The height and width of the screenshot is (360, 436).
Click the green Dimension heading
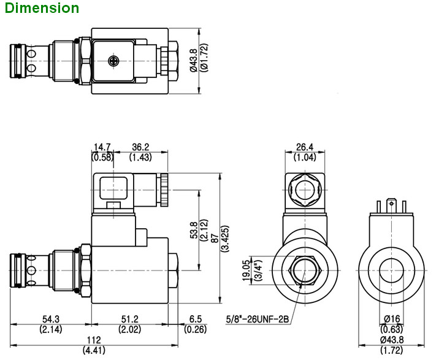point(40,8)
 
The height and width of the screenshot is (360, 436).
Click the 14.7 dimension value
point(101,147)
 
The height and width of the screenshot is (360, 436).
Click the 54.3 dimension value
point(51,320)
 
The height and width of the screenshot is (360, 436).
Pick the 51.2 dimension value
point(130,320)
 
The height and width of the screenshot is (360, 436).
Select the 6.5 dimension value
point(195,320)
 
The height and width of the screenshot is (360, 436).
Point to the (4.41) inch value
point(93,351)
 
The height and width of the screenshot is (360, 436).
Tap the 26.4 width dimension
point(305,147)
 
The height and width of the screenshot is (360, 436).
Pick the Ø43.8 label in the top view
point(194,59)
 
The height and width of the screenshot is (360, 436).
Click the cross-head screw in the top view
point(112,59)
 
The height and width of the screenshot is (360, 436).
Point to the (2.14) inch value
point(51,329)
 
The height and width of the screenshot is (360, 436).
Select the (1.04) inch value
point(305,158)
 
